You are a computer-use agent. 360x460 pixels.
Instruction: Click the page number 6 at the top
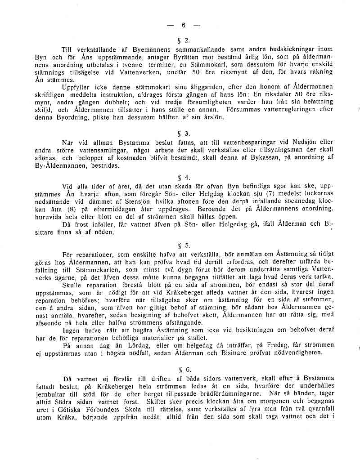tap(184, 25)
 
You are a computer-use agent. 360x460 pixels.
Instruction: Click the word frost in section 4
tap(80, 224)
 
